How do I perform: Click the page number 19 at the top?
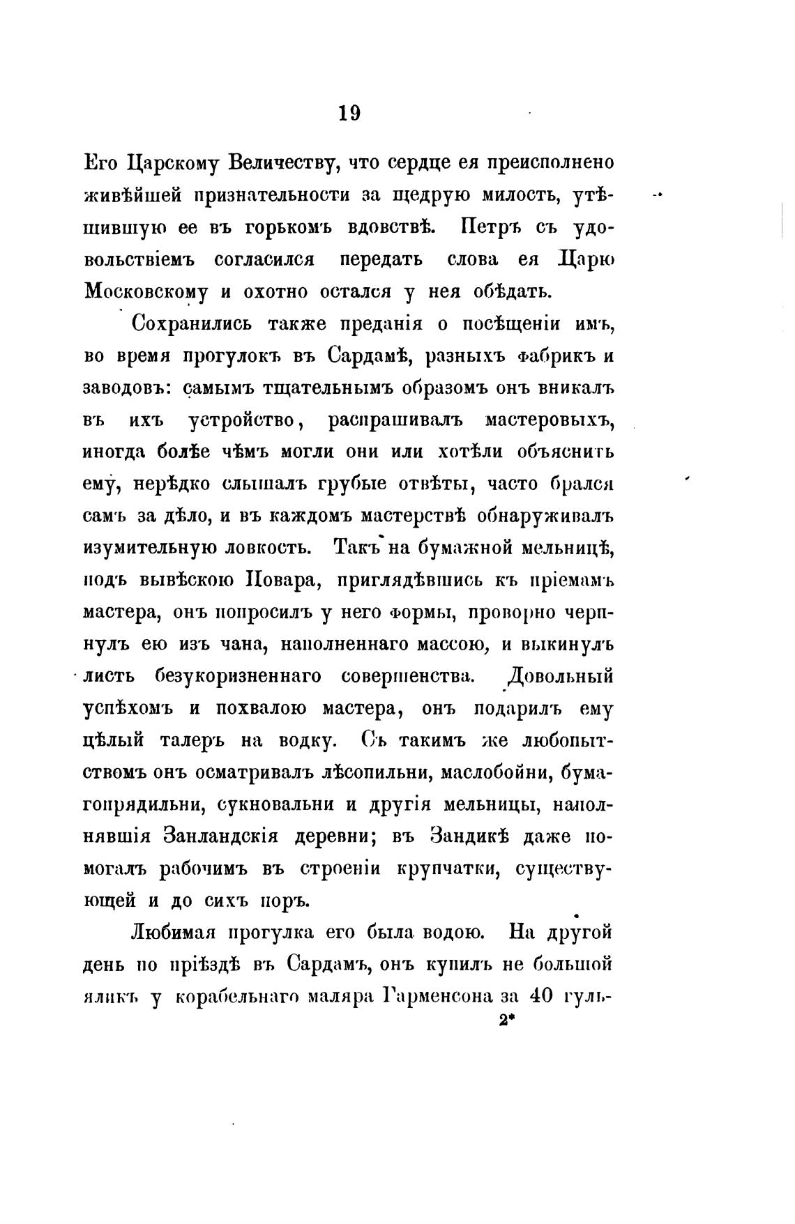click(349, 114)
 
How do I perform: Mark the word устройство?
click(243, 420)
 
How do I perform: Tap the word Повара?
click(277, 581)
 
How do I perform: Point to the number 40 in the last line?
click(540, 997)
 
